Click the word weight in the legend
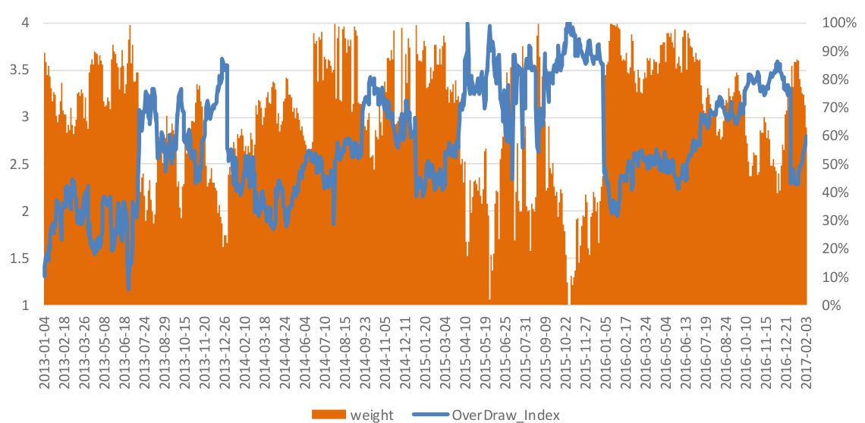372,414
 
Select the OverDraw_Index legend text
506,414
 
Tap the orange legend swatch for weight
329,414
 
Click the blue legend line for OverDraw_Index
431,414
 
